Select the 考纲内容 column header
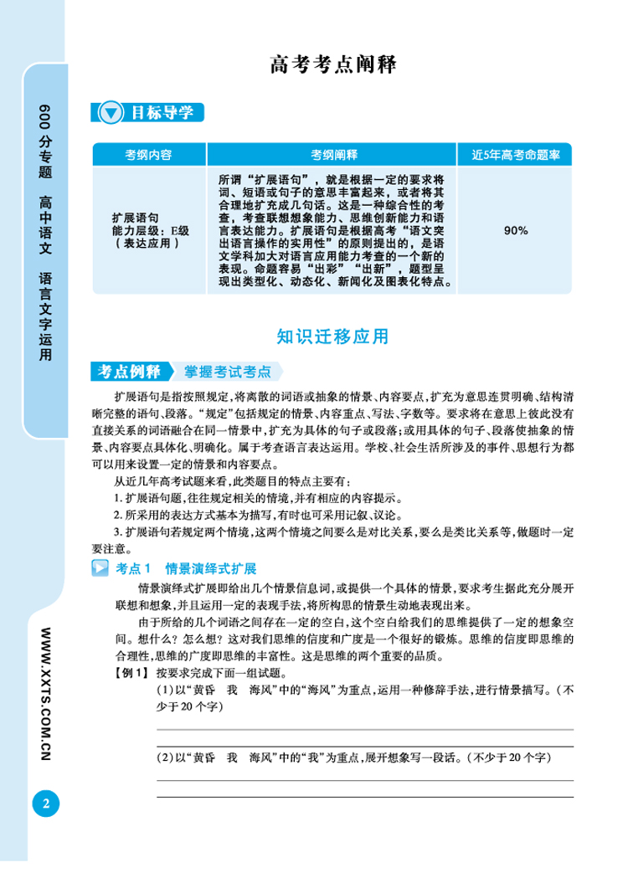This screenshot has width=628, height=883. coord(148,155)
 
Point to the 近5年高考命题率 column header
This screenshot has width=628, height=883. coord(516,155)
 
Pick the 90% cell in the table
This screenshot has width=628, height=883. coord(516,230)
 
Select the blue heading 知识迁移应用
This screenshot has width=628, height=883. coord(332,336)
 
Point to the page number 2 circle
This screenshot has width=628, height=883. coord(46,804)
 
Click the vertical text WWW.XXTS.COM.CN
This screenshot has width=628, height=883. coord(46,686)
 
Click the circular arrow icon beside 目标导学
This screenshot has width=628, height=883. coord(111,114)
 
